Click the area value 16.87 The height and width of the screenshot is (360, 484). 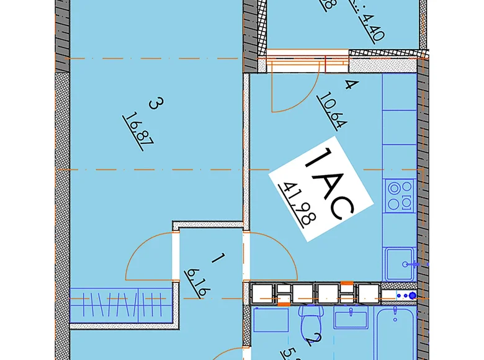point(138,128)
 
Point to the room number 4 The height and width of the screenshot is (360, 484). point(350,86)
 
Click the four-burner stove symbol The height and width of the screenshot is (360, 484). point(399,195)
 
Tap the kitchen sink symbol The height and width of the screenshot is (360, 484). point(399,264)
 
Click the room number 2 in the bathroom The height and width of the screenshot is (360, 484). point(316,340)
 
